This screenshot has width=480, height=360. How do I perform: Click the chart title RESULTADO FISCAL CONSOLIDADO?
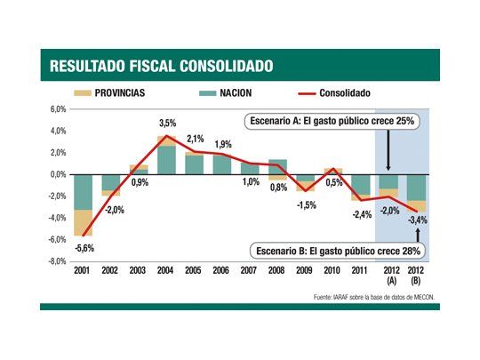[161, 66]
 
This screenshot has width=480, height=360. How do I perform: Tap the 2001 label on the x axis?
[84, 271]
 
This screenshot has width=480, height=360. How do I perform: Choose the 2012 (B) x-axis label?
[415, 276]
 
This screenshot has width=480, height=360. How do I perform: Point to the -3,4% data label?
[416, 220]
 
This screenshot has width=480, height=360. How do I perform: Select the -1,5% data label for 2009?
[306, 205]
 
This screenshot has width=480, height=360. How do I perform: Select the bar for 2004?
[166, 155]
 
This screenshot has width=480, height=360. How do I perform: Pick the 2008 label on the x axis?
[277, 271]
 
